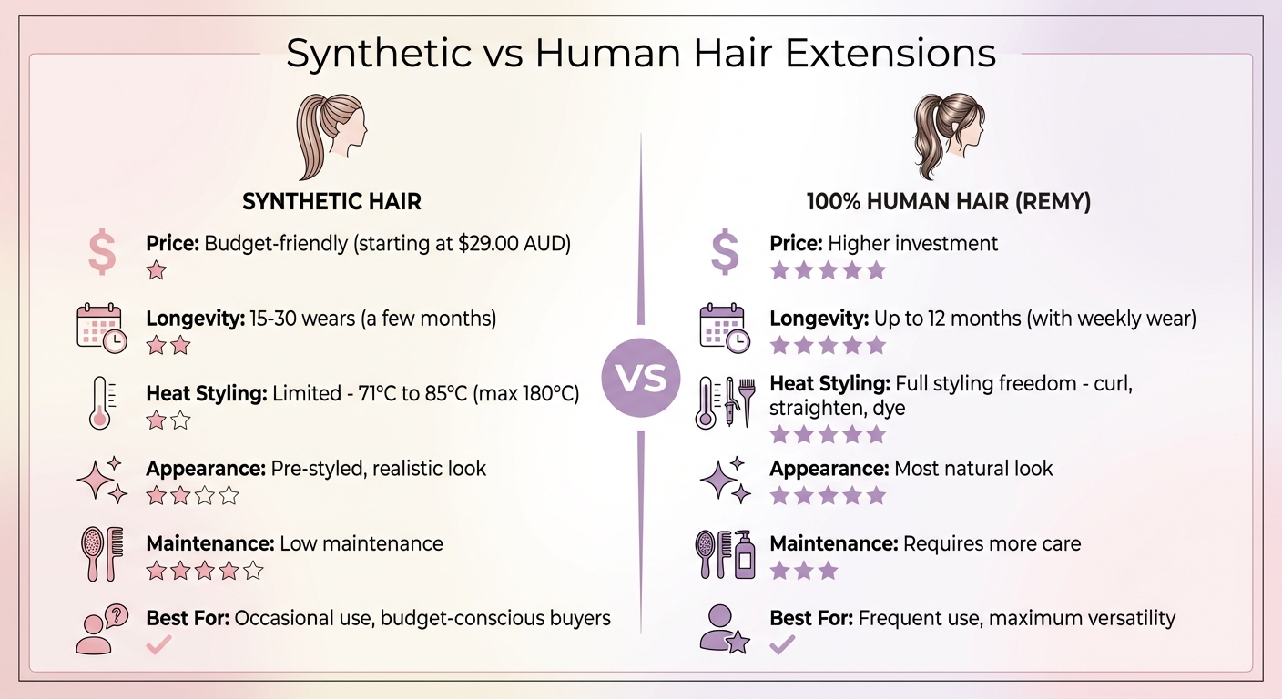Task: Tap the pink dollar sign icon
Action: coord(102,253)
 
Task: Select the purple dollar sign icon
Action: coord(725,253)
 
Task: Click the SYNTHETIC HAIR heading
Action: coord(331,201)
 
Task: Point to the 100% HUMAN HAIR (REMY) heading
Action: coord(949,201)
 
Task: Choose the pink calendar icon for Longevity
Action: coord(100,328)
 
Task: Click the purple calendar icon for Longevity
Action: coord(725,328)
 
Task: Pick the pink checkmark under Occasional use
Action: coord(159,645)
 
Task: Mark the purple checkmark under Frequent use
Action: coord(782,645)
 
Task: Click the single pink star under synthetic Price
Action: coord(157,270)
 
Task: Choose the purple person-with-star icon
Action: coord(725,628)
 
